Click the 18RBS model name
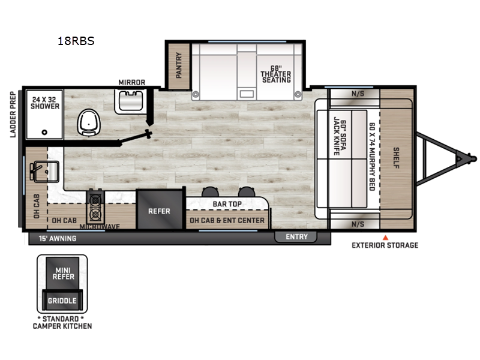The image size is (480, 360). point(76,41)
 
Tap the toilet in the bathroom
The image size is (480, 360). point(89,122)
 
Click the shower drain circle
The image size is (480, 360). point(44,132)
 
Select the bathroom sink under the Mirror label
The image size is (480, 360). point(131,101)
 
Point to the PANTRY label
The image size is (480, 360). point(179,65)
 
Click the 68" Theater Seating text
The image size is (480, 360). point(276,74)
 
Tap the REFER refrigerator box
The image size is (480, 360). point(159,209)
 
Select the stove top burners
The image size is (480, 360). point(95,207)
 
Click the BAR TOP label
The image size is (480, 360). point(227,204)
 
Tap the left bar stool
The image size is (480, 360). point(211,191)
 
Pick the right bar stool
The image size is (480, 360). point(247,191)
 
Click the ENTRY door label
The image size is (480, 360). point(296,236)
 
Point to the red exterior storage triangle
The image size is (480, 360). point(385,238)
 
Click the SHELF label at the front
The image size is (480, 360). point(396,158)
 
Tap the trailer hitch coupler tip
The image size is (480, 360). point(473,159)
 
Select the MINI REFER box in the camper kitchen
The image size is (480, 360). point(63,273)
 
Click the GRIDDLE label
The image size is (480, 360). point(62,301)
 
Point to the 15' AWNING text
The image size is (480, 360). point(58,238)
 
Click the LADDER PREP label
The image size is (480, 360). point(13,115)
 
